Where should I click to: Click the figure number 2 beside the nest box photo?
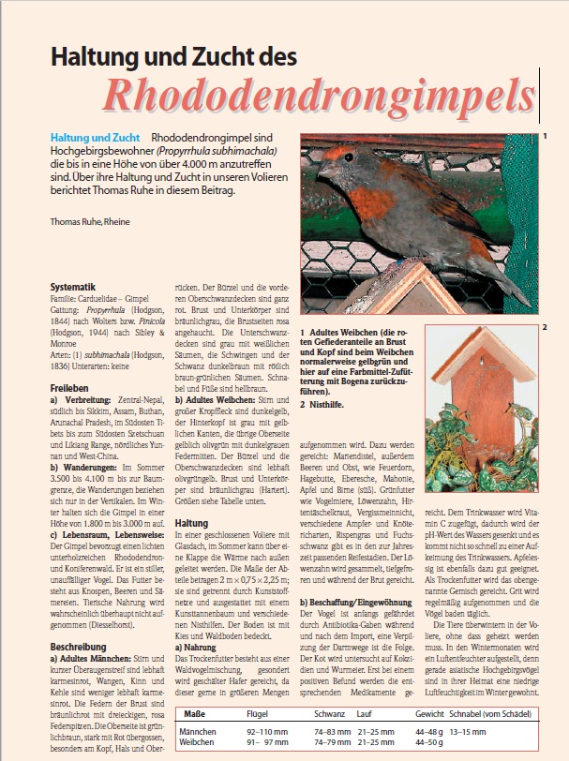[544, 328]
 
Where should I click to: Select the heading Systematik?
[76, 287]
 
